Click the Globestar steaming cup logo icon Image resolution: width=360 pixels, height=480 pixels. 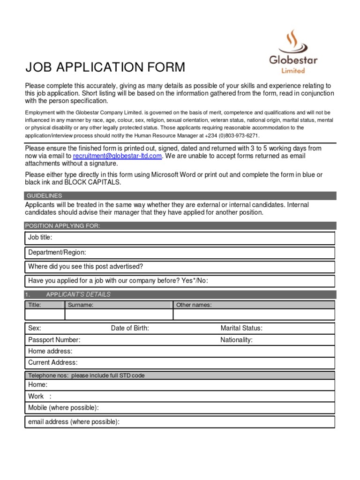293,42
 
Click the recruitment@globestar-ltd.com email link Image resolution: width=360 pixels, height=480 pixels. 117,156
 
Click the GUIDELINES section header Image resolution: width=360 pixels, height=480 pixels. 44,195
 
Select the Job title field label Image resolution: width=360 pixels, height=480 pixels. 40,238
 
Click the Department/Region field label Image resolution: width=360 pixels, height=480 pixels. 57,253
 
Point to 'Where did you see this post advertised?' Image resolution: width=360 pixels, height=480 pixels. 85,267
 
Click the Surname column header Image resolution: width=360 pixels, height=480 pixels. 81,305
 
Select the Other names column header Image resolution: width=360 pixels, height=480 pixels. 194,305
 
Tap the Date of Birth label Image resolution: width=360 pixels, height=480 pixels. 130,328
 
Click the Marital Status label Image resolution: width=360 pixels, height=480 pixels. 241,328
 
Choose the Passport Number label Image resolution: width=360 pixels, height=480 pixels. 54,340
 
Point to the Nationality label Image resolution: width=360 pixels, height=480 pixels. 236,340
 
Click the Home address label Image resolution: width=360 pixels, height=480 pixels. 50,351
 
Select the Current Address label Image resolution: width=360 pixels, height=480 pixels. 53,362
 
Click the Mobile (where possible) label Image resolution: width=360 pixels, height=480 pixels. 63,407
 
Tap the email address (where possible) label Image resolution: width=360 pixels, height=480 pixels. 74,422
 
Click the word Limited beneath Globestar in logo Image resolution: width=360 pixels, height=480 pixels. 293,71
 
